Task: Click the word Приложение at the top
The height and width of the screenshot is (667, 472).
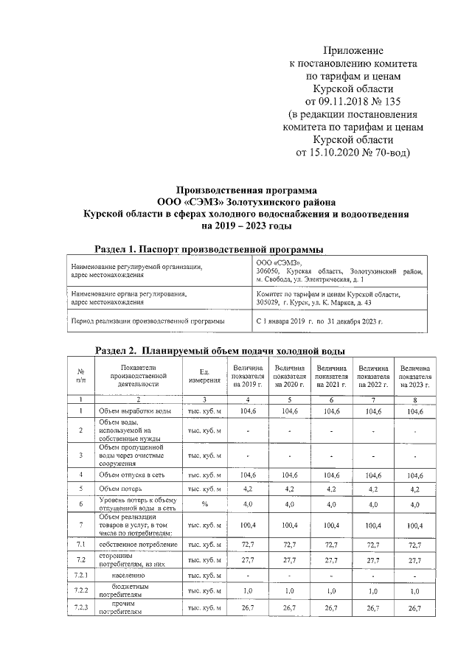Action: pyautogui.click(x=352, y=51)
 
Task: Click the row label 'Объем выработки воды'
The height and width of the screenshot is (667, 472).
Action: pyautogui.click(x=136, y=411)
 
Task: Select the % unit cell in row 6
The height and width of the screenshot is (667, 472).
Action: pyautogui.click(x=204, y=504)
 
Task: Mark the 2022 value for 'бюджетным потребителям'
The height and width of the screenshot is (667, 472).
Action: pyautogui.click(x=373, y=591)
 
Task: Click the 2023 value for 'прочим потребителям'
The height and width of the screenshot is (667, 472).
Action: pyautogui.click(x=415, y=608)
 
